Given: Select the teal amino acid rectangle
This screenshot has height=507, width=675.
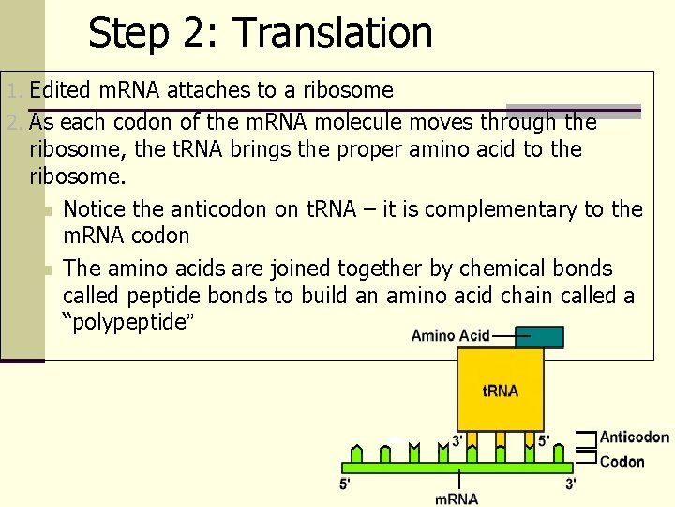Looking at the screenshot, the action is pyautogui.click(x=539, y=337).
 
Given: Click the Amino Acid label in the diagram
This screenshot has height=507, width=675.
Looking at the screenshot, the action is pyautogui.click(x=451, y=336).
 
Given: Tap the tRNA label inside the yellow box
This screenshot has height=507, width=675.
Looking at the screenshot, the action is pyautogui.click(x=501, y=391).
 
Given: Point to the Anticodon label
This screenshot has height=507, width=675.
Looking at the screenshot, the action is pyautogui.click(x=635, y=437).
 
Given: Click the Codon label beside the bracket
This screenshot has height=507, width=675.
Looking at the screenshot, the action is pyautogui.click(x=622, y=461).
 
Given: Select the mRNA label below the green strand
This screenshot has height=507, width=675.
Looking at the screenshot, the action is pyautogui.click(x=457, y=499).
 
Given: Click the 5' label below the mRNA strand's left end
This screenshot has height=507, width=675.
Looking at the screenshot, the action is pyautogui.click(x=347, y=484).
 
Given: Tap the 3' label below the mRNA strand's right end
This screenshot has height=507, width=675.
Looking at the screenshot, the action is pyautogui.click(x=570, y=484).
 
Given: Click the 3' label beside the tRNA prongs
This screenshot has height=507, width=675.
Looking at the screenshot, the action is pyautogui.click(x=457, y=440).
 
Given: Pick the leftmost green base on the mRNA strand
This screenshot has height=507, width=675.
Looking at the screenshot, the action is pyautogui.click(x=355, y=454).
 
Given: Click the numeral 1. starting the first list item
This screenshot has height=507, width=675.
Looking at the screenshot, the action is pyautogui.click(x=14, y=91).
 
